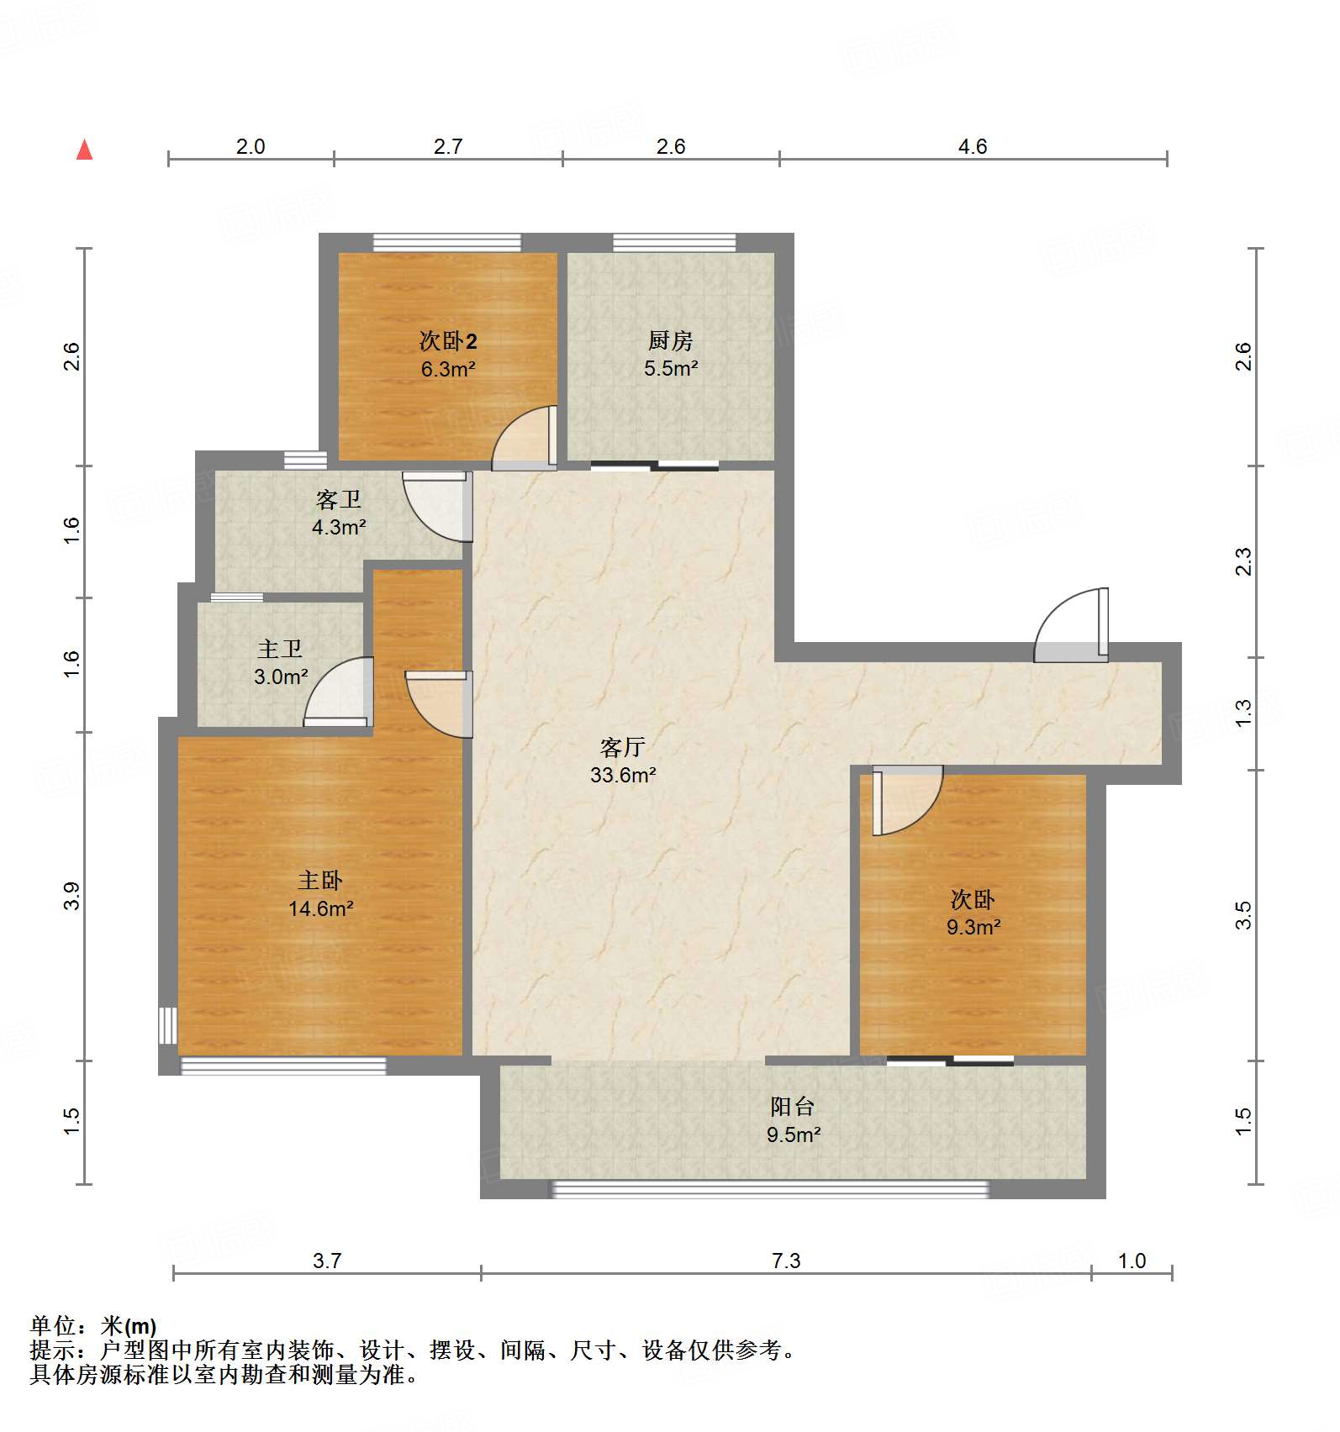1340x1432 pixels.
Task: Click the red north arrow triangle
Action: (x=84, y=150)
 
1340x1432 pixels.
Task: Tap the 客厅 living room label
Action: (x=622, y=747)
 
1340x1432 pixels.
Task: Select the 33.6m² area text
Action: (x=622, y=775)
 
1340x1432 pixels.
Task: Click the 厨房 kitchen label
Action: (x=670, y=340)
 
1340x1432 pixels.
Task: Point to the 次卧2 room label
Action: (x=448, y=341)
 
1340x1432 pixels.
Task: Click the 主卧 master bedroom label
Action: (x=319, y=881)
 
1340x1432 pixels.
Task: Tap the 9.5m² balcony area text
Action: (x=793, y=1135)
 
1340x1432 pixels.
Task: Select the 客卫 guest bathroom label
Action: (x=338, y=500)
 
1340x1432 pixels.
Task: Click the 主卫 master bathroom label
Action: (x=280, y=649)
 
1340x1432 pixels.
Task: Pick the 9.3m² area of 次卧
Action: (x=973, y=928)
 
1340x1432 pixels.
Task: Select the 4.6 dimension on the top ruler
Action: (x=973, y=147)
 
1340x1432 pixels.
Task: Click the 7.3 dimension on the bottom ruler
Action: (x=786, y=1261)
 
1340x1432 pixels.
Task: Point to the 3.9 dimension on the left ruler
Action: (x=71, y=896)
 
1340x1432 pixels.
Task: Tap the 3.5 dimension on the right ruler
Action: (x=1243, y=915)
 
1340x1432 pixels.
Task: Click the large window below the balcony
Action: (x=769, y=1189)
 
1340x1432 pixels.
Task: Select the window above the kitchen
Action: (x=674, y=243)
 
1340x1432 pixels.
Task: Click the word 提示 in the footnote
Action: (x=52, y=1350)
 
